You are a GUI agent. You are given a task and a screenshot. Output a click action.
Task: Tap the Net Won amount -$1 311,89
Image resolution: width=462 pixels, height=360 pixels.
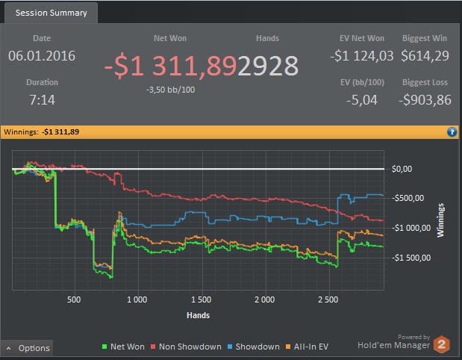tap(170, 66)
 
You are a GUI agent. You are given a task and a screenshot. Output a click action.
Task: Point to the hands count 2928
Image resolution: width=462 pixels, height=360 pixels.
tap(268, 66)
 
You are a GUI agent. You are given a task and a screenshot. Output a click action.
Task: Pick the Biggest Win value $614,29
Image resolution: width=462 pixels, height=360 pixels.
tap(425, 56)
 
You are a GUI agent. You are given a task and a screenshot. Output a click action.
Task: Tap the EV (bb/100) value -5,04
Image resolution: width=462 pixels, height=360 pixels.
tap(362, 99)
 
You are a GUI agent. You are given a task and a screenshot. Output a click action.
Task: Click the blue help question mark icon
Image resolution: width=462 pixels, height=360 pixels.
tap(452, 132)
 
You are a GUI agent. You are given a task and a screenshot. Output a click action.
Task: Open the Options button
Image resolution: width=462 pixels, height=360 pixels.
tap(28, 348)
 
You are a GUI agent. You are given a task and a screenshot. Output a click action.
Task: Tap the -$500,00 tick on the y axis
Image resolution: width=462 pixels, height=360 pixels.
tap(408, 199)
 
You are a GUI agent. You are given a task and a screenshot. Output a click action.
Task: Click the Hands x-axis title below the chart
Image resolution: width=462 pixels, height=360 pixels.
tap(199, 315)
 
